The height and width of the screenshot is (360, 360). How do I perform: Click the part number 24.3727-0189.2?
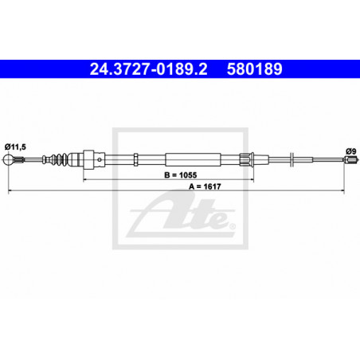pyautogui.click(x=148, y=69)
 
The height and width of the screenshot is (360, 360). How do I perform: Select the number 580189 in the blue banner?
pyautogui.click(x=254, y=69)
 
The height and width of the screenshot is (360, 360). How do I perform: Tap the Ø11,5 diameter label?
pyautogui.click(x=15, y=147)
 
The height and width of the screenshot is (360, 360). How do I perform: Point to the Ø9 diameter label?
pyautogui.click(x=350, y=151)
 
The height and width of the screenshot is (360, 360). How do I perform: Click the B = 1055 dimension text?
pyautogui.click(x=181, y=175)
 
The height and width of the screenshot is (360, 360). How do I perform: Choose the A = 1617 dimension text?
pyautogui.click(x=205, y=186)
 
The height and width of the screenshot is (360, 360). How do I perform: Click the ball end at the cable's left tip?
pyautogui.click(x=9, y=159)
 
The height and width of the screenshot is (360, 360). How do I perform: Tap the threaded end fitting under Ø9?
pyautogui.click(x=350, y=159)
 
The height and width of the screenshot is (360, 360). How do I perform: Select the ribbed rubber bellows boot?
pyautogui.click(x=60, y=159)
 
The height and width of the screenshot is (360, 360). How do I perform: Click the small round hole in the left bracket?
pyautogui.click(x=100, y=159)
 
